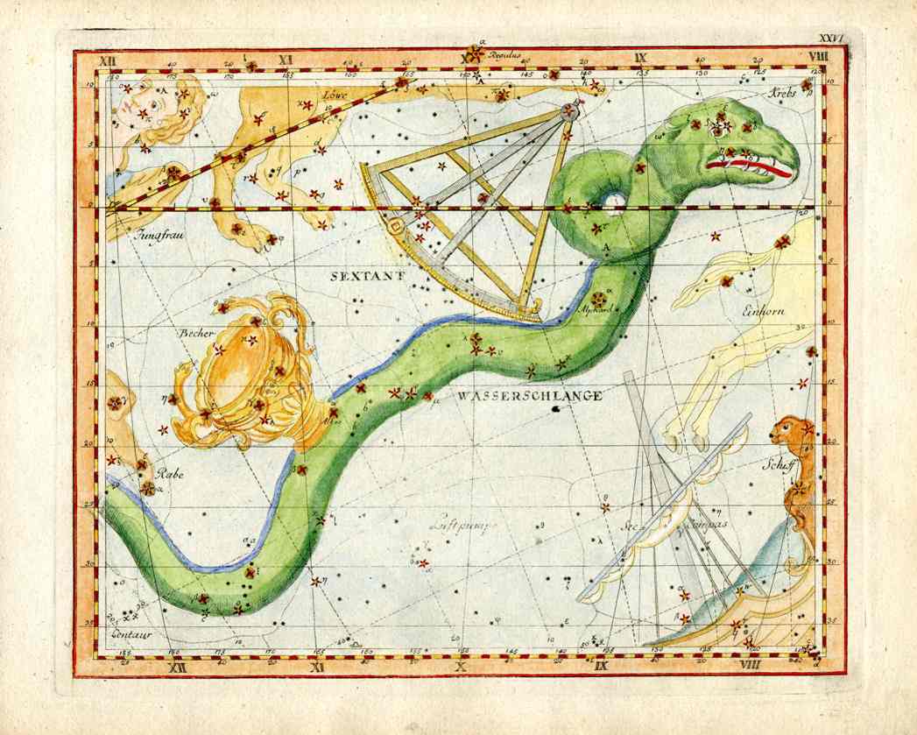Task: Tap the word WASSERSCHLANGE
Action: click(529, 396)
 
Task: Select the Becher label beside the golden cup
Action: click(196, 334)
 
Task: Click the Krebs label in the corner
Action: click(784, 92)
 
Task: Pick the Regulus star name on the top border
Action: click(504, 55)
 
